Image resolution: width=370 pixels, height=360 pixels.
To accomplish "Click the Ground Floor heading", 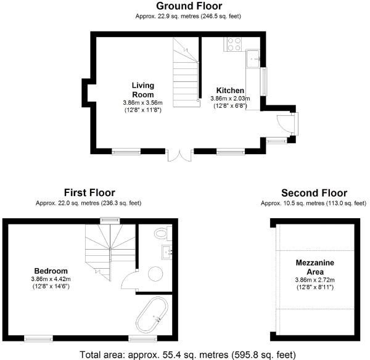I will (x=184, y=6).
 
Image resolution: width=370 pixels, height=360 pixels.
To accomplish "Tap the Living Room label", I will (x=142, y=89).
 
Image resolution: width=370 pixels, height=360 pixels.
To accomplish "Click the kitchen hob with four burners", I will (x=234, y=44).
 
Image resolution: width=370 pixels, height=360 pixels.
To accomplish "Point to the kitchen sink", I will (x=253, y=58).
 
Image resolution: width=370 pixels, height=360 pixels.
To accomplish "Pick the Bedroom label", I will (x=51, y=271).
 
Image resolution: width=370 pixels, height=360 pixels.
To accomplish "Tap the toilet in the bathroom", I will (x=162, y=233).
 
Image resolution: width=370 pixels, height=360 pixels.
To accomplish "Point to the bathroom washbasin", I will (x=166, y=252).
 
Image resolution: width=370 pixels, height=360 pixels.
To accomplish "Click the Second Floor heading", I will (x=313, y=193).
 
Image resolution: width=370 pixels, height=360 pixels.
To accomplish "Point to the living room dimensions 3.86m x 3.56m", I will (x=142, y=102).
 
